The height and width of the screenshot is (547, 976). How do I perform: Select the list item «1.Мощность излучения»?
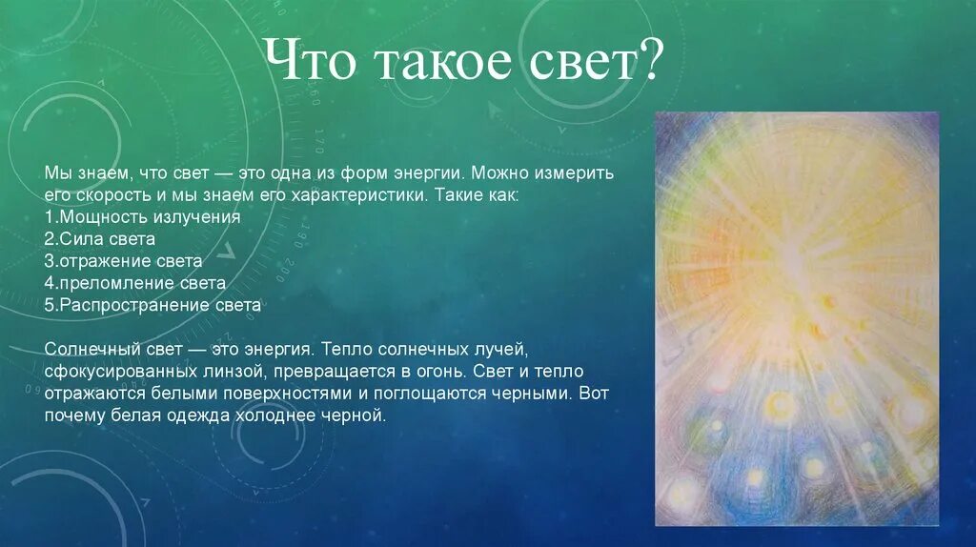click(143, 216)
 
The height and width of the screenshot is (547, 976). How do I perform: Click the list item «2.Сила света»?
click(99, 238)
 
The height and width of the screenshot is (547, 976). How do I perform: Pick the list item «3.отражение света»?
click(123, 261)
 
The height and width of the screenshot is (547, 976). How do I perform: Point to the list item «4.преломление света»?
click(135, 283)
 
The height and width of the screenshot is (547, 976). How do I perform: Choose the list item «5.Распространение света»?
click(152, 305)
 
